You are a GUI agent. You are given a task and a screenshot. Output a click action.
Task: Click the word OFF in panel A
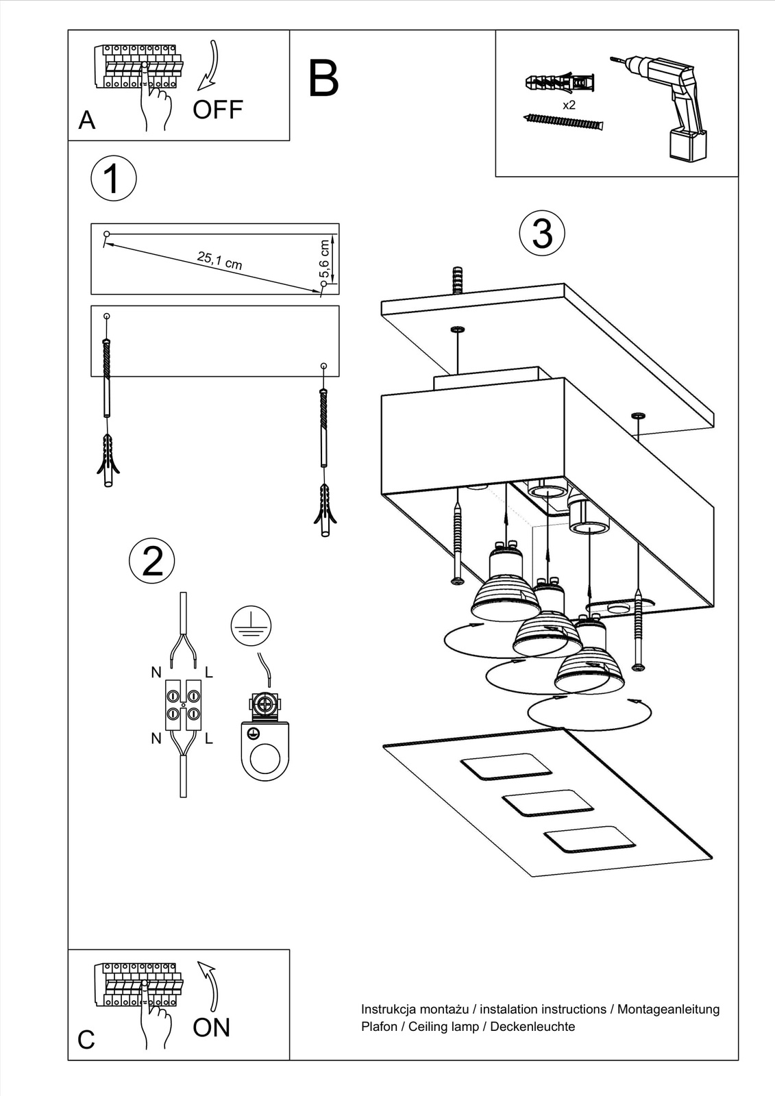click(x=218, y=110)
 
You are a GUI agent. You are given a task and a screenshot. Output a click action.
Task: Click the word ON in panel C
click(x=212, y=1027)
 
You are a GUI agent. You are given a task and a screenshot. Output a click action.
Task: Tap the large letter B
click(x=323, y=79)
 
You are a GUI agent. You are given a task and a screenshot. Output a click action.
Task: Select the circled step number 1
click(x=114, y=179)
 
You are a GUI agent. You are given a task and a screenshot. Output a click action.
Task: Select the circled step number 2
click(x=152, y=560)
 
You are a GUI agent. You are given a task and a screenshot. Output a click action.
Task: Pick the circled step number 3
click(x=542, y=233)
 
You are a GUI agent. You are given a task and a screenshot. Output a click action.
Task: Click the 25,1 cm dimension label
click(x=219, y=260)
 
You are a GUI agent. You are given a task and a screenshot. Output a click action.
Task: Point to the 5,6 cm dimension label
click(x=325, y=258)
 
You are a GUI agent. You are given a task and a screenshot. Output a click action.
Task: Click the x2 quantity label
click(x=569, y=105)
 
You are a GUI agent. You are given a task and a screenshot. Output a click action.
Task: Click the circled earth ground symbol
click(x=251, y=626)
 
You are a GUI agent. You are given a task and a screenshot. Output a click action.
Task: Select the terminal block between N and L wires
click(x=183, y=704)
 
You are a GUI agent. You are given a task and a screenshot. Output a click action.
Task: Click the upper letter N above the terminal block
click(x=156, y=673)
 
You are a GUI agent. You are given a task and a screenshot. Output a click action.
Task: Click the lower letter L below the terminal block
click(x=209, y=738)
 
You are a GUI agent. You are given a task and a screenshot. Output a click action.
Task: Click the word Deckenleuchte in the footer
click(x=532, y=1026)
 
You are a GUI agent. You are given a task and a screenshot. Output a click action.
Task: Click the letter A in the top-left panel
click(x=87, y=121)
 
